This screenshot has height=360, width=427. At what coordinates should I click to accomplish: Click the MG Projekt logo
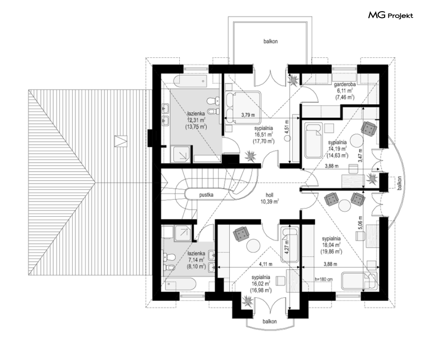point(391,15)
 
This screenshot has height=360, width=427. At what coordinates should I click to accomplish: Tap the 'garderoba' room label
point(345,85)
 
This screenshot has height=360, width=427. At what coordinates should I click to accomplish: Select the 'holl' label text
point(270,195)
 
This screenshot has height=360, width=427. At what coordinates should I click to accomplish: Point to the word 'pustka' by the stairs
point(206,195)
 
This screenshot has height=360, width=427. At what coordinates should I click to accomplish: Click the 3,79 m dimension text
point(248,115)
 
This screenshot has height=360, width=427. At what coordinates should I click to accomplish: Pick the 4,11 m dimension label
point(266,264)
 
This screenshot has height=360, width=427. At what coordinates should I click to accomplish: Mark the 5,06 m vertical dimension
point(360,223)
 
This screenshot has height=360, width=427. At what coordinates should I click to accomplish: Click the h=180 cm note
point(324,279)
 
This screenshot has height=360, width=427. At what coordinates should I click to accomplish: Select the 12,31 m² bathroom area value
point(196,120)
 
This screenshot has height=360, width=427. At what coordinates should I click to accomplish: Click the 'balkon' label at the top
point(270,41)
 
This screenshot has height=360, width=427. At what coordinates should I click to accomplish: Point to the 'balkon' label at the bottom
point(270,322)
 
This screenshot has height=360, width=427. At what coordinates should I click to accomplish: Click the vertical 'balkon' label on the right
point(400,183)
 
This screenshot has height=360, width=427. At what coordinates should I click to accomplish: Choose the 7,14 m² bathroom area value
point(196,260)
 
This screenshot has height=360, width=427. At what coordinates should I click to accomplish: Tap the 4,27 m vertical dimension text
point(287,247)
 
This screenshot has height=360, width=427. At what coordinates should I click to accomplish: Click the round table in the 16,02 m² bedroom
point(254,245)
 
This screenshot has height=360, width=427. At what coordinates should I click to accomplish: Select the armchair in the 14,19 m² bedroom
point(369,128)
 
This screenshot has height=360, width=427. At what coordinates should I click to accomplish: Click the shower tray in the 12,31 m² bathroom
point(182,154)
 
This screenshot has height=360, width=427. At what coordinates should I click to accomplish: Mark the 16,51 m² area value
point(263,135)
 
